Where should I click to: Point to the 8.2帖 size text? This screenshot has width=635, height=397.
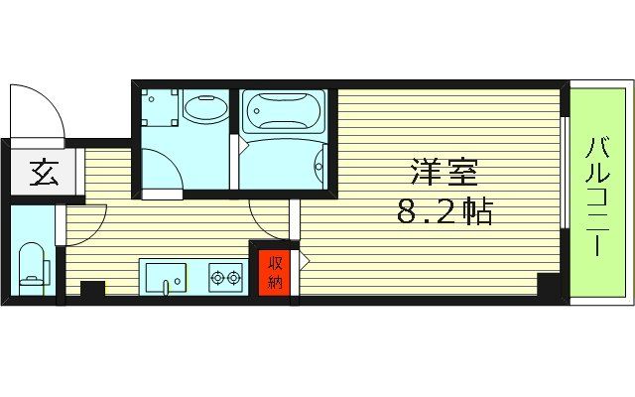(444, 211)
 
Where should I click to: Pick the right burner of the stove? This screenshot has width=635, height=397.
(235, 279)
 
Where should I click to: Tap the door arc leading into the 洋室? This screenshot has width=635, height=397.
(268, 220)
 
